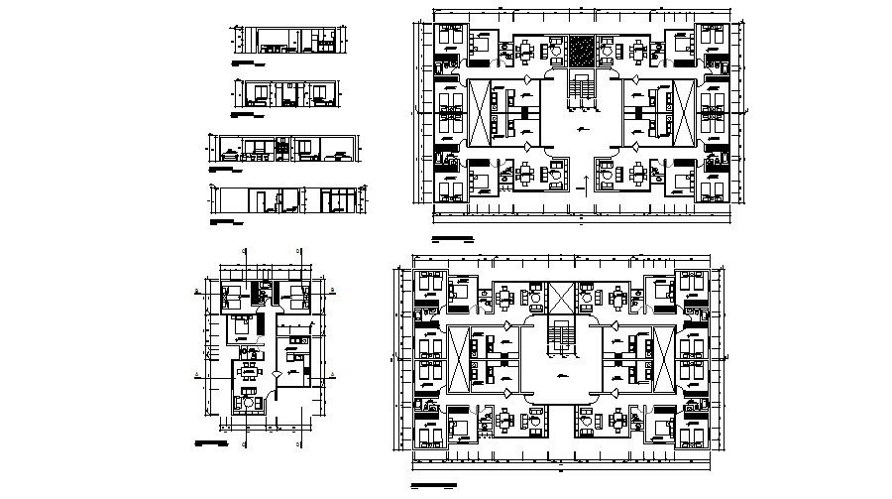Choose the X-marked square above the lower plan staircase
point(561,297)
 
